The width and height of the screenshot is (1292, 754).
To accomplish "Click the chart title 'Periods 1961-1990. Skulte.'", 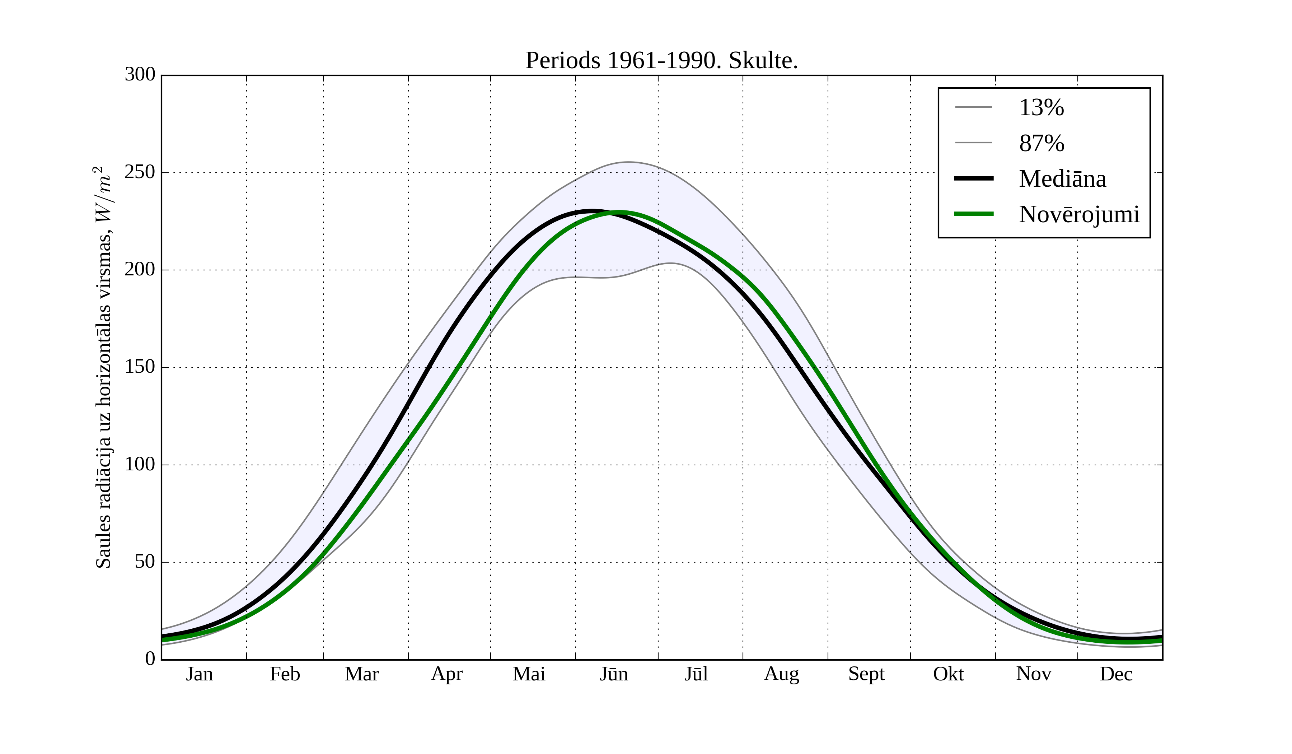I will [x=661, y=61].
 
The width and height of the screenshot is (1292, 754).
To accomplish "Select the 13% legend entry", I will [x=1041, y=108].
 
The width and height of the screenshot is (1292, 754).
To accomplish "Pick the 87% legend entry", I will [x=1041, y=143].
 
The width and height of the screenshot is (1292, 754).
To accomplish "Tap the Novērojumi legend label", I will [x=1079, y=214].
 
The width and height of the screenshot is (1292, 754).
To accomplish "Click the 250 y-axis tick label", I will [x=140, y=172].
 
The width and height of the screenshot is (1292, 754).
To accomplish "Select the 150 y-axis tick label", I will [x=140, y=367].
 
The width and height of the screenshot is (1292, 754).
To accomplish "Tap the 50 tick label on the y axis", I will [x=145, y=562].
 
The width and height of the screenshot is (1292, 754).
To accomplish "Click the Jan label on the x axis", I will [x=200, y=674].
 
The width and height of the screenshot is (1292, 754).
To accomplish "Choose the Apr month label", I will [x=446, y=674].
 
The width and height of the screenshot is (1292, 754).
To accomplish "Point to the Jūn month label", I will [x=614, y=674].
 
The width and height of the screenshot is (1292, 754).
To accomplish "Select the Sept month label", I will [x=866, y=674].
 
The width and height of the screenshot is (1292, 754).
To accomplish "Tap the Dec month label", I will [x=1116, y=674].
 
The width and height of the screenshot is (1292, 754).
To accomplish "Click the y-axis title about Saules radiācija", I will [x=104, y=367].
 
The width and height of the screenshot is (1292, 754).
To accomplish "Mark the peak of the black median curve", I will [x=591, y=211].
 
